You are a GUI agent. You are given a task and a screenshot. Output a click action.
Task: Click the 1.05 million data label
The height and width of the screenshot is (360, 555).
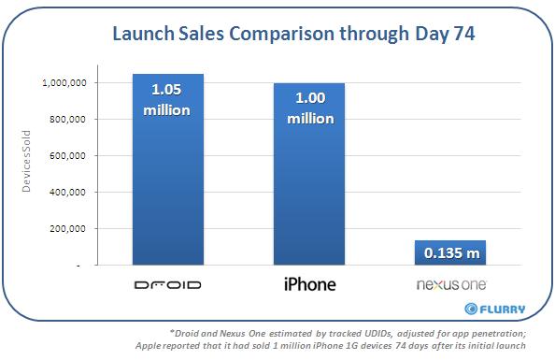point(168,101)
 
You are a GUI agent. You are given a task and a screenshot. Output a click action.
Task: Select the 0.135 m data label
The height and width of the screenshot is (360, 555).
point(450,252)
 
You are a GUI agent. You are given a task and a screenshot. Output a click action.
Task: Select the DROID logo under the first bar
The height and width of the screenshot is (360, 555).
point(168,284)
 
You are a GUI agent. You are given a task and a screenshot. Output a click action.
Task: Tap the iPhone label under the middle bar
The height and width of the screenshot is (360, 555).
point(308,283)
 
